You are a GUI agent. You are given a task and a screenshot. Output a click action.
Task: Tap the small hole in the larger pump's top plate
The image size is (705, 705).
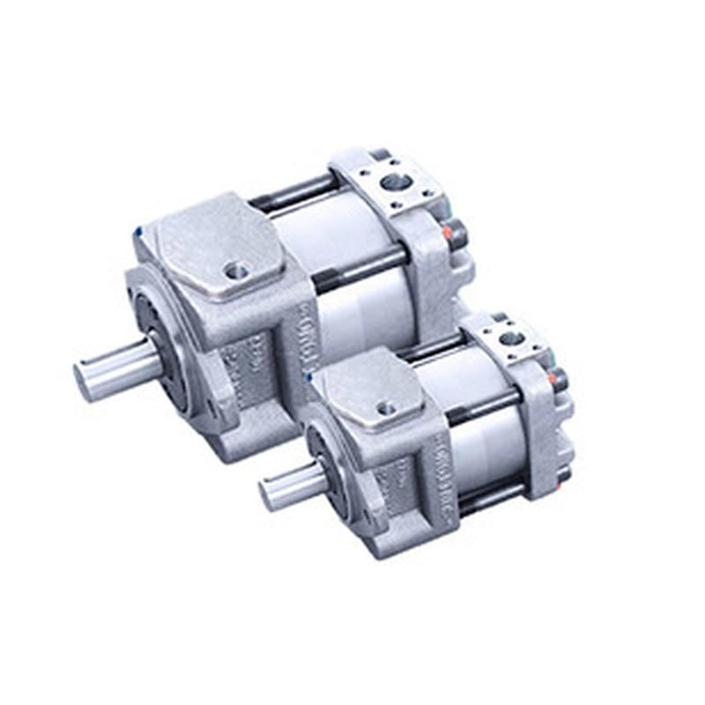(235, 271)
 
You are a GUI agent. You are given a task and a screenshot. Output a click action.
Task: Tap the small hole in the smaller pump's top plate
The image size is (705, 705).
(385, 408)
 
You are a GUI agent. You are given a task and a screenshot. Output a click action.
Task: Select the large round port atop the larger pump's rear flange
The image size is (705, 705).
(397, 183)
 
